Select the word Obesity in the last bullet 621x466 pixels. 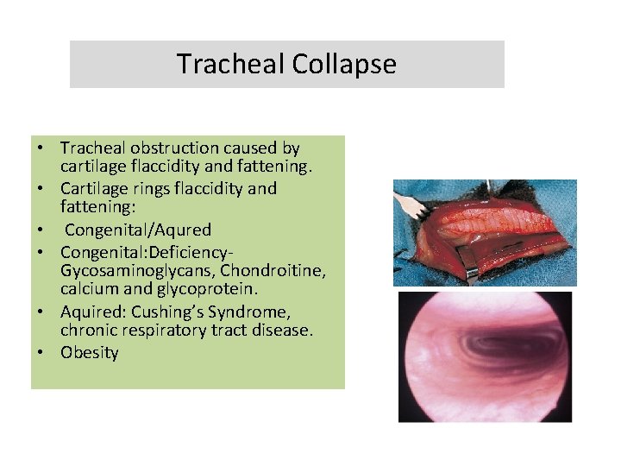point(90,352)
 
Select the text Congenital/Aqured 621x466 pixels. point(138,230)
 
